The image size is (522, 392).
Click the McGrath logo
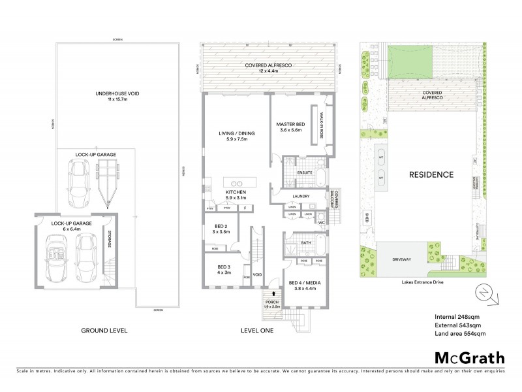click(469, 357)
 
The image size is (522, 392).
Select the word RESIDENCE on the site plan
click(431, 174)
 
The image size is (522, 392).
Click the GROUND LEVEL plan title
click(104, 331)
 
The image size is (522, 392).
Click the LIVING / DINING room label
click(236, 136)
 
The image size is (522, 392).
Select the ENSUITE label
click(305, 172)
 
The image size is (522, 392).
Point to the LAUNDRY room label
click(301, 195)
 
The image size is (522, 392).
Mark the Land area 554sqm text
click(460, 333)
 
